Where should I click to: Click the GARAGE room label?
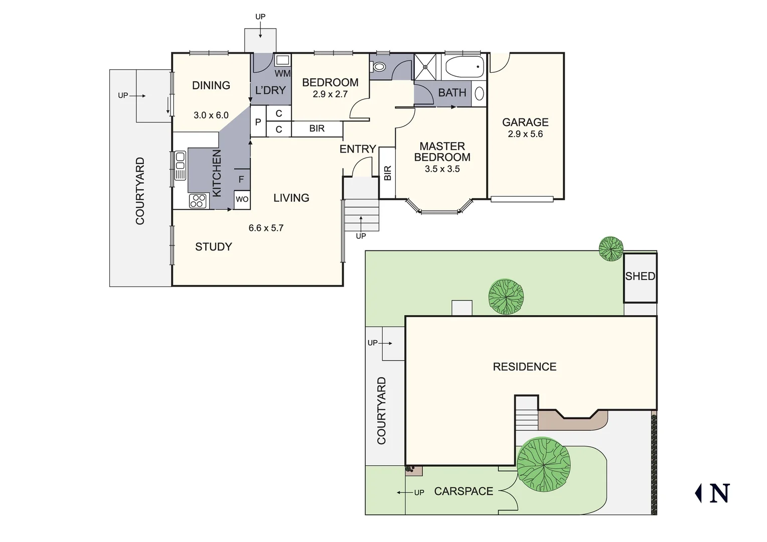[525, 122]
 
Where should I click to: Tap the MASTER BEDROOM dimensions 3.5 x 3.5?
[442, 169]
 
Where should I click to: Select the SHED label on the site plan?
[640, 277]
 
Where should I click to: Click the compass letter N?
[719, 493]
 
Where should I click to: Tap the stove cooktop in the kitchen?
[198, 201]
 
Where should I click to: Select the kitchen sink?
[180, 166]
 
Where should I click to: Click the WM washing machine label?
[282, 74]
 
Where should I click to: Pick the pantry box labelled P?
[258, 122]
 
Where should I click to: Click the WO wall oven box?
[242, 199]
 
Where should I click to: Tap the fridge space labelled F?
[241, 179]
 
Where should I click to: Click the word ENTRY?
[358, 149]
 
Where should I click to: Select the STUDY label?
[213, 247]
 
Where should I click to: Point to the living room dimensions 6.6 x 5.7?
[266, 228]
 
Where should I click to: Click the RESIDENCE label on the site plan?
[524, 367]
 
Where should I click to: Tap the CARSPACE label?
[464, 492]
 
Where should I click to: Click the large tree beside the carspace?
[543, 464]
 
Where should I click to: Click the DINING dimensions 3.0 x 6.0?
[211, 115]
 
